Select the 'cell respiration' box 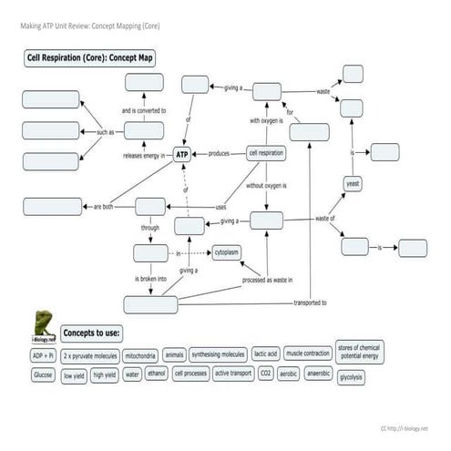(x=266, y=153)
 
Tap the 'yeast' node (x=353, y=184)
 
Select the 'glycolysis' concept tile (x=351, y=376)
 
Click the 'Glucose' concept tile (x=43, y=374)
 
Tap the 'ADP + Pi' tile (x=43, y=354)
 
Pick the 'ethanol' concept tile (x=157, y=374)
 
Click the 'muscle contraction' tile (x=308, y=354)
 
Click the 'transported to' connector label (x=312, y=302)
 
